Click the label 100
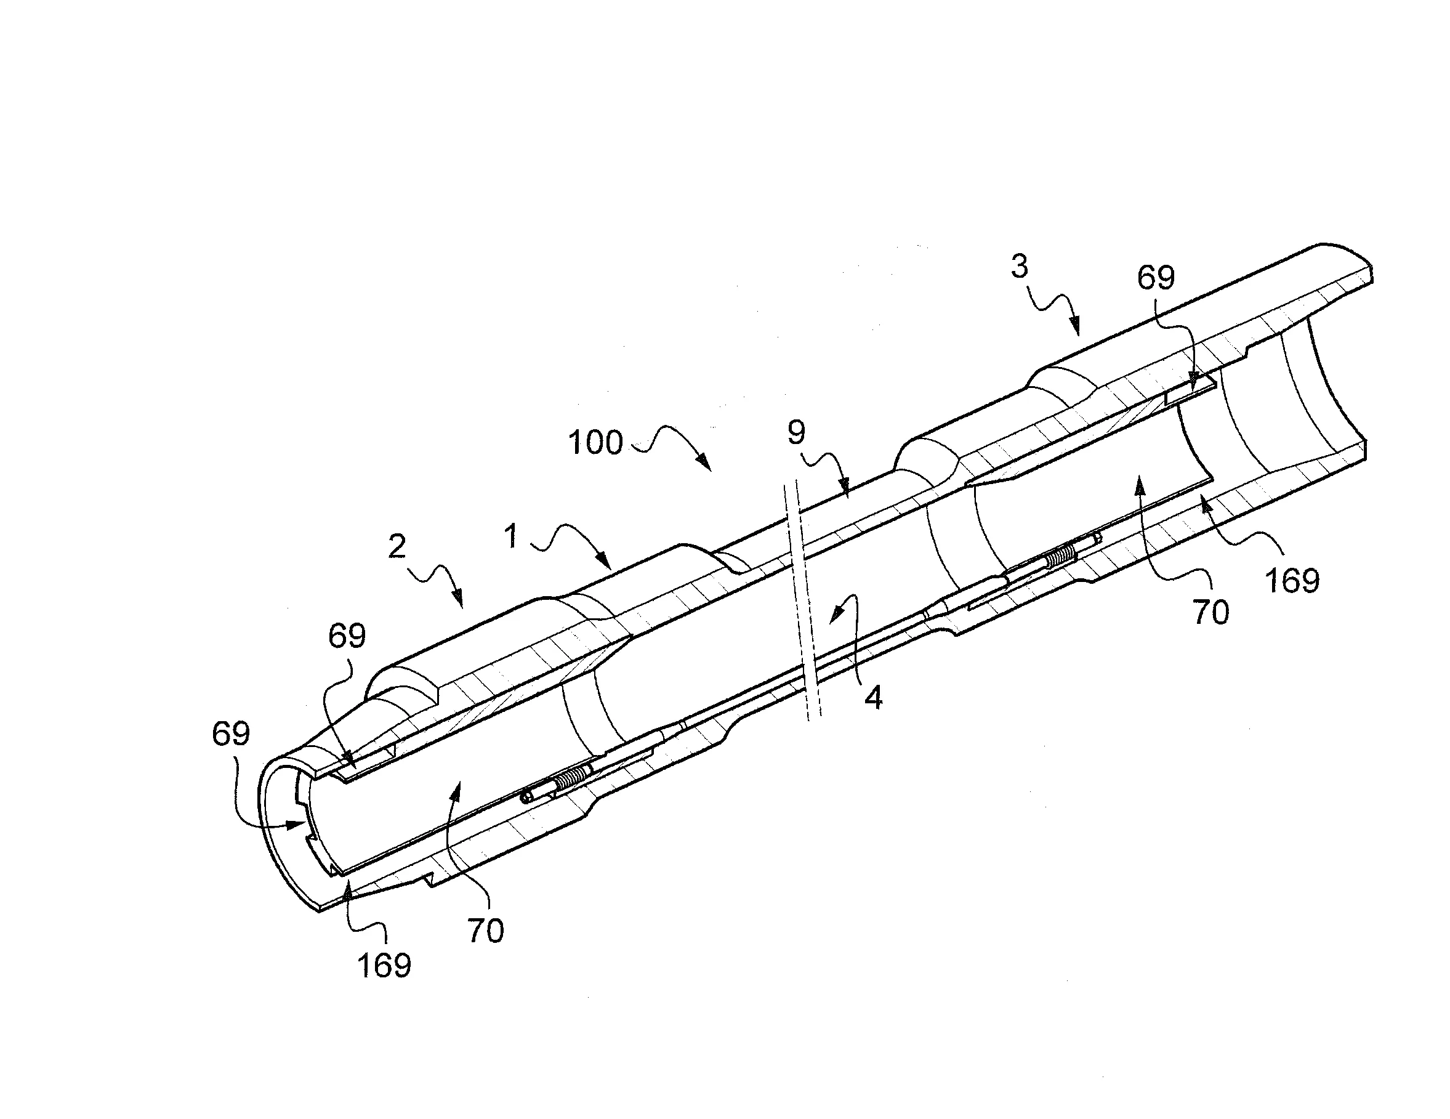[595, 442]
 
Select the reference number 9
[796, 433]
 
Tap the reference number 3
[1019, 266]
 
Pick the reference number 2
[397, 546]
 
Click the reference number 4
[874, 698]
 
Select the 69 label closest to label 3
[1156, 278]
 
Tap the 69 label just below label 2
[347, 636]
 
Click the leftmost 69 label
[231, 734]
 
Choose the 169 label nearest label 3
[1292, 581]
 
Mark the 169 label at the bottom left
[384, 966]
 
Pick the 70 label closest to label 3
[1211, 612]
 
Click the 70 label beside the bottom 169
[485, 931]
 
